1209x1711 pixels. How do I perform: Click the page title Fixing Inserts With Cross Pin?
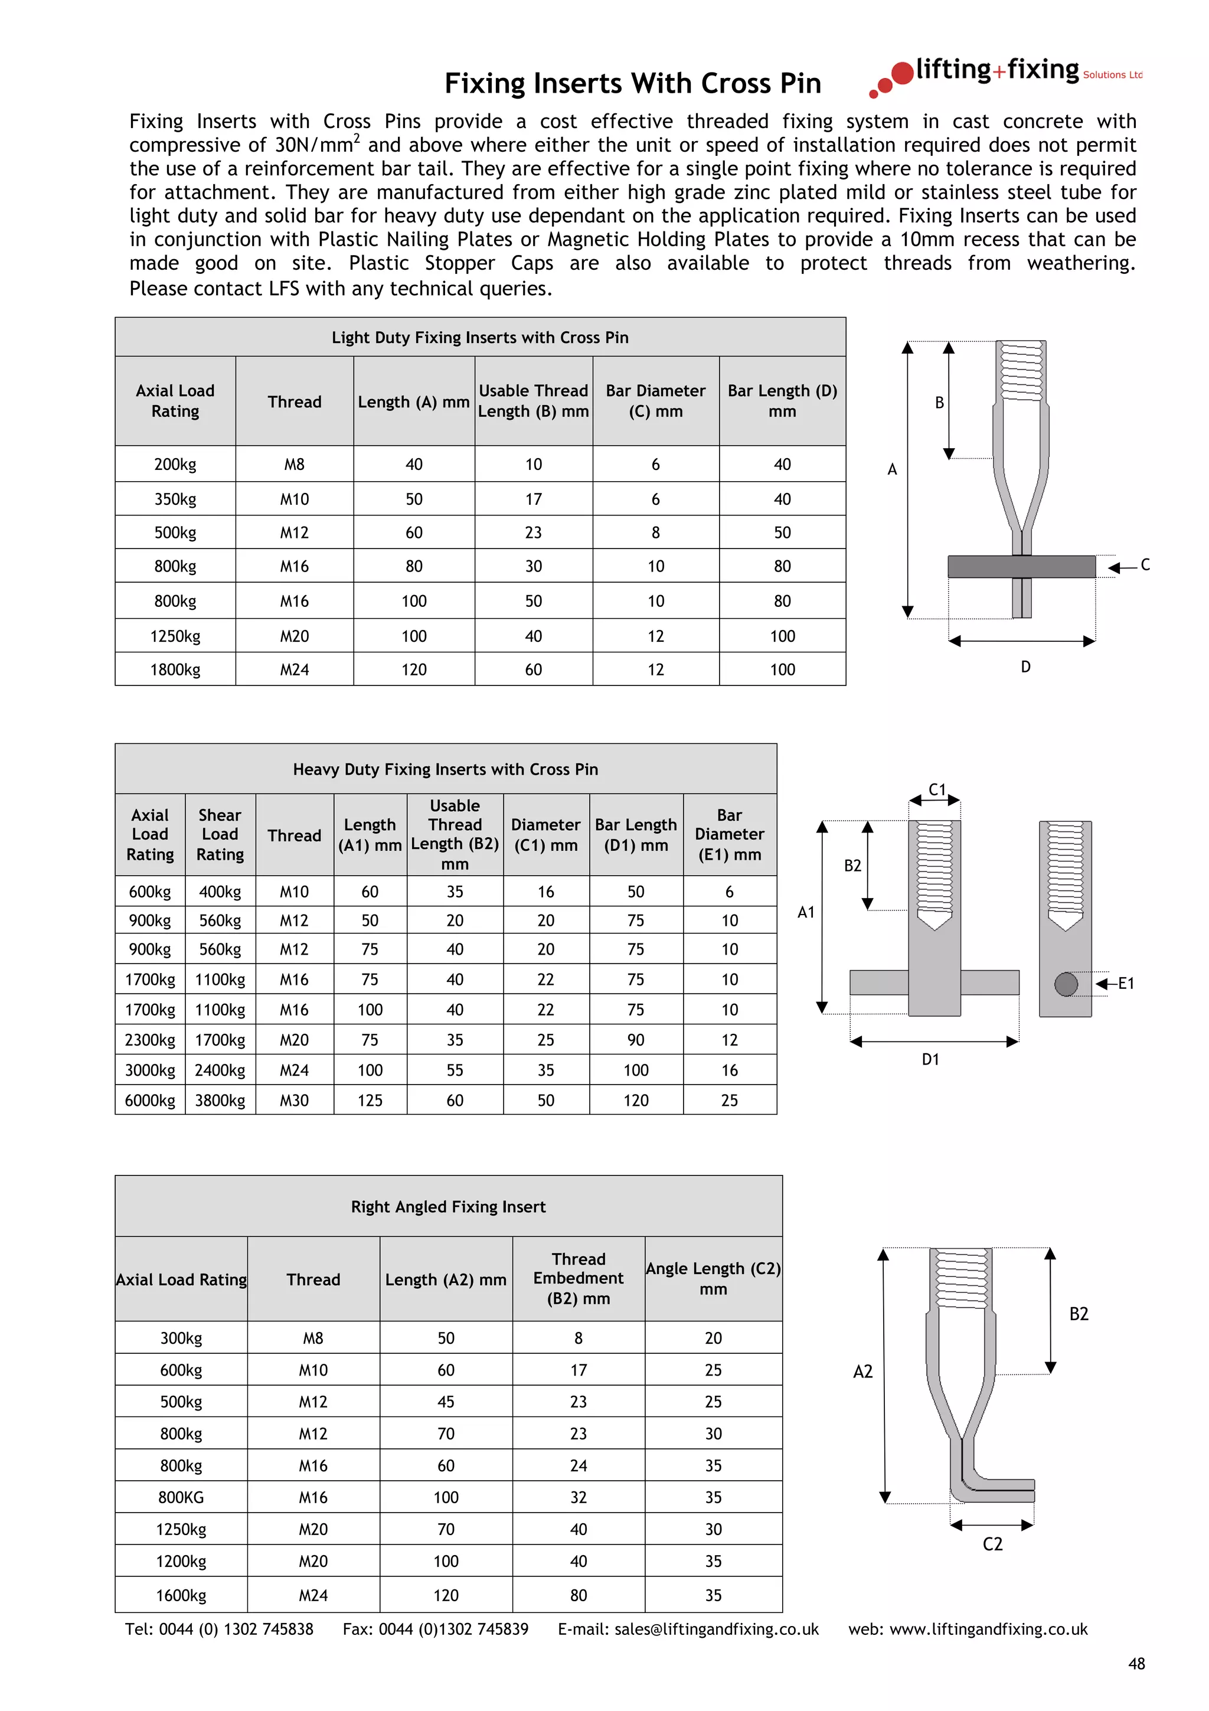(x=632, y=83)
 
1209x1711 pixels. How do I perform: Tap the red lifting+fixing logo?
(x=1006, y=74)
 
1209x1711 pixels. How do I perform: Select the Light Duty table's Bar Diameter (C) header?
(x=655, y=401)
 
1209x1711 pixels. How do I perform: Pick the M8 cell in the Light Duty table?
(x=294, y=464)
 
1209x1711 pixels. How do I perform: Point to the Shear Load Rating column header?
(x=220, y=835)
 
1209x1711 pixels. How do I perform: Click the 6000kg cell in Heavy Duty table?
(x=150, y=1101)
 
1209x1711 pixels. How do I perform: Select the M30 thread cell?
(x=294, y=1101)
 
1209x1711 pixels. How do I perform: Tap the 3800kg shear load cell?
(x=220, y=1101)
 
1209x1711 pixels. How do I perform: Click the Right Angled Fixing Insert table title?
(x=449, y=1206)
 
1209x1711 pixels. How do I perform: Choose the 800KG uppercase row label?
(x=181, y=1498)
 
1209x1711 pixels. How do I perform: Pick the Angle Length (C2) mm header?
(x=713, y=1279)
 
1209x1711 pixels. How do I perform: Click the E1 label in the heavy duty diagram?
(x=1126, y=984)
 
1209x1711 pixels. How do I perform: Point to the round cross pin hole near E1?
(x=1066, y=984)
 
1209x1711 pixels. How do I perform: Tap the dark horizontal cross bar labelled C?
(x=1021, y=566)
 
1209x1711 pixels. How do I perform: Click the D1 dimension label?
(x=930, y=1060)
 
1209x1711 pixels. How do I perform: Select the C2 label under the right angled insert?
(x=992, y=1544)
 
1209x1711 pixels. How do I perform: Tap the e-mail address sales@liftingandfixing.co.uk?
(x=716, y=1630)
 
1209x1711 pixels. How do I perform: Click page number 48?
(x=1136, y=1664)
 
